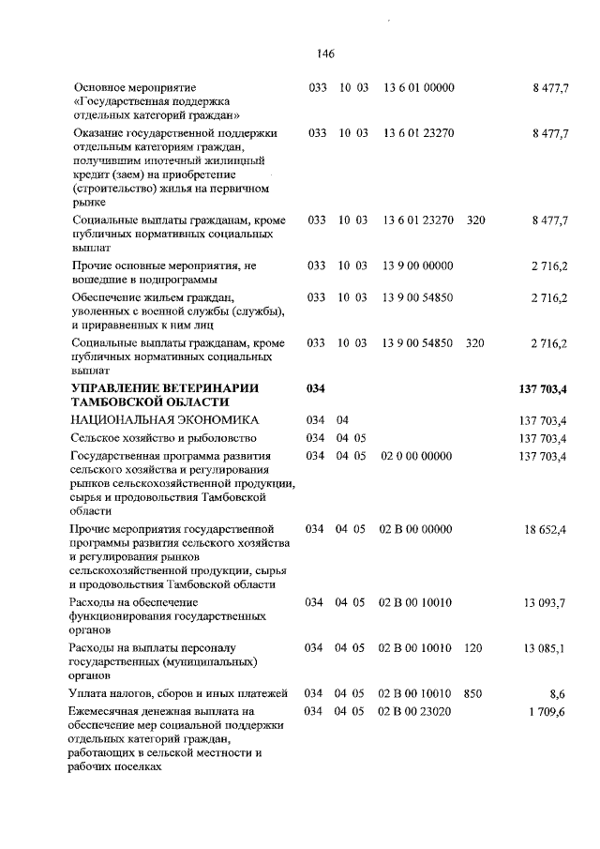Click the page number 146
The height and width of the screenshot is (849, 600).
[x=326, y=53]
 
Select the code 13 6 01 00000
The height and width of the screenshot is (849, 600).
[x=419, y=87]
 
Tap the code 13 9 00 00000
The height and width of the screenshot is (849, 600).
[x=419, y=266]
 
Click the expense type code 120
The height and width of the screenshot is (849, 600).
[x=472, y=648]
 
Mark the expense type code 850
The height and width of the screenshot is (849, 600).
[x=472, y=694]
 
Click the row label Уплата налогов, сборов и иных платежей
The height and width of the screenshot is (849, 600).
[x=177, y=694]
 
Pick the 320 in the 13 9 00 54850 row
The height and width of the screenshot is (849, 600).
[x=475, y=343]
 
